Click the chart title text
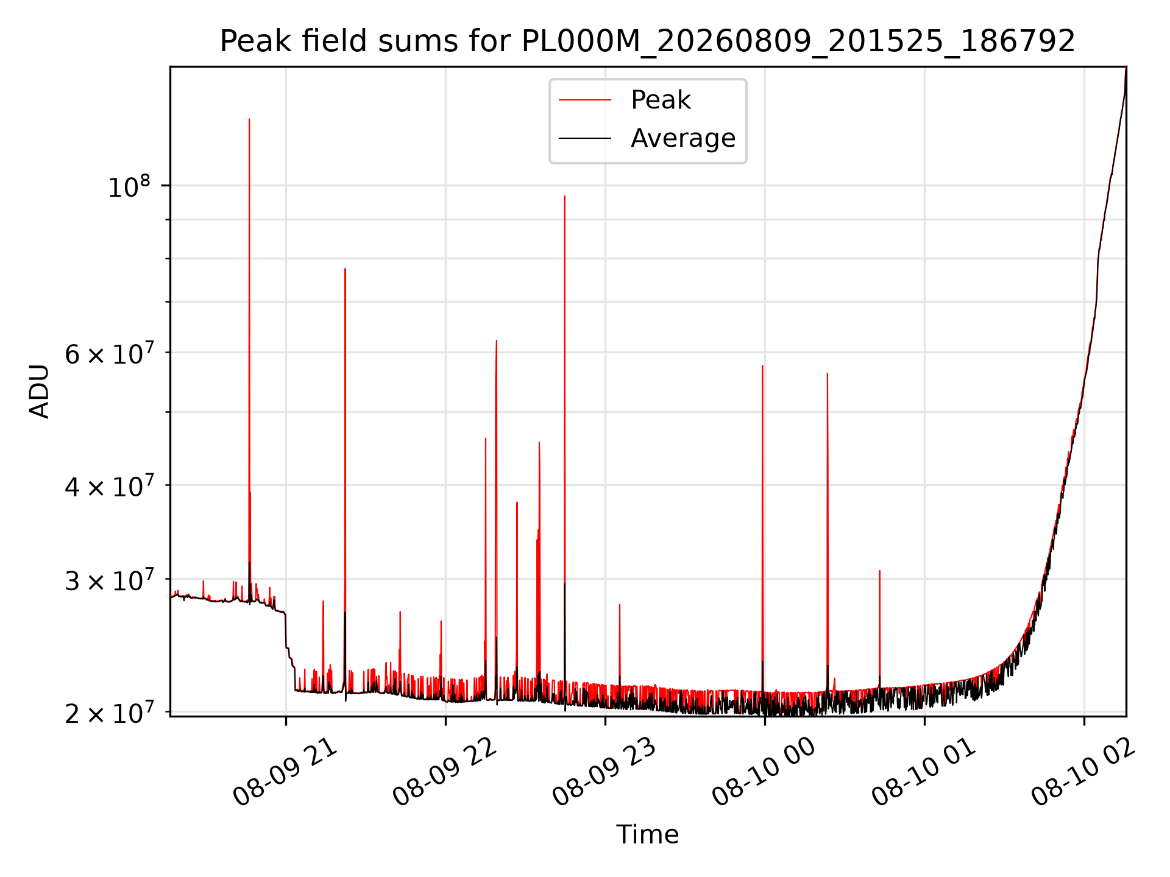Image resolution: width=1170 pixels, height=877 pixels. (647, 41)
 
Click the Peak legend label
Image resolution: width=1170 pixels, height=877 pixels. (661, 100)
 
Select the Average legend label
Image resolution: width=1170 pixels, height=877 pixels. (683, 138)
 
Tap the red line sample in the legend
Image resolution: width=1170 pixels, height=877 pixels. (585, 100)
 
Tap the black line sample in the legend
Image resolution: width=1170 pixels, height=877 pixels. (585, 138)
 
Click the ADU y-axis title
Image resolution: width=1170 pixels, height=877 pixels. (40, 392)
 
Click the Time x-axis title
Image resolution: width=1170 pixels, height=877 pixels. (647, 834)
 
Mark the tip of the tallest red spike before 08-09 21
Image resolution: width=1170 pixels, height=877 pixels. (249, 119)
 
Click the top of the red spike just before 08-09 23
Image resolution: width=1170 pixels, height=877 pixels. (565, 196)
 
